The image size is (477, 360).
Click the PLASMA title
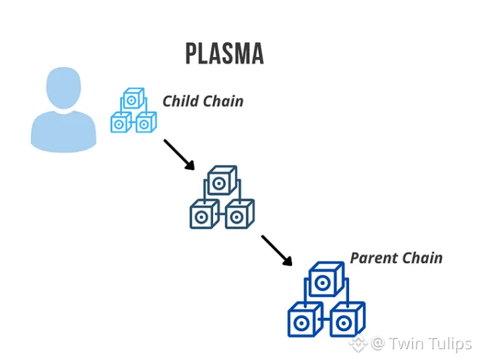tap(224, 54)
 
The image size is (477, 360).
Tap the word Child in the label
tap(180, 101)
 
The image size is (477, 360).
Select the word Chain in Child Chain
tap(222, 101)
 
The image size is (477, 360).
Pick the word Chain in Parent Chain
tap(422, 258)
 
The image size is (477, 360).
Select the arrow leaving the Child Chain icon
tap(178, 154)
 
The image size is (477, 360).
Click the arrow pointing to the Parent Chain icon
tap(276, 250)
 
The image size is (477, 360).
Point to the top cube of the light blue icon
tap(133, 100)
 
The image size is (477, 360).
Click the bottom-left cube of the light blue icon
tap(121, 123)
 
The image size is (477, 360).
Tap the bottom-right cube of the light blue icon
tap(146, 123)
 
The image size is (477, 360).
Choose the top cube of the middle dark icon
tap(222, 182)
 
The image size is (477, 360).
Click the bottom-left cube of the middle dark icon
tap(203, 215)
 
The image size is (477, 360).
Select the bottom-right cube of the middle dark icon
tap(239, 215)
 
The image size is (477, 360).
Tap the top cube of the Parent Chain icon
tap(325, 280)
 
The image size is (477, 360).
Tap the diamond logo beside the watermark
tap(358, 344)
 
